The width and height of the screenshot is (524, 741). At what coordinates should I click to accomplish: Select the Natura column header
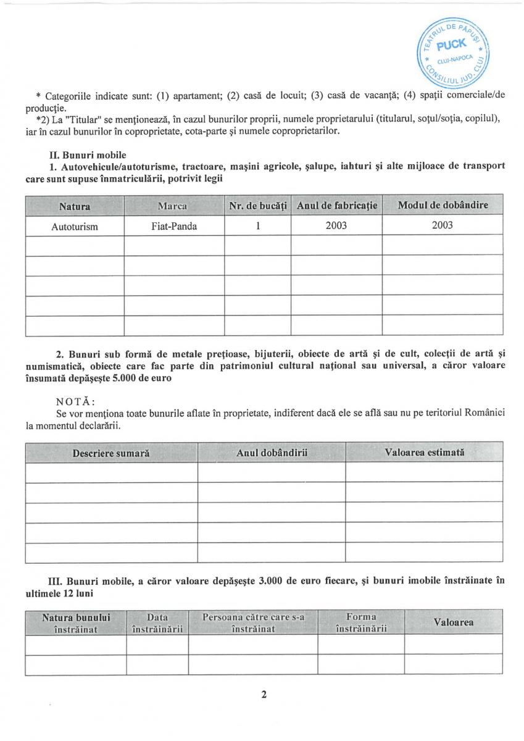pos(75,205)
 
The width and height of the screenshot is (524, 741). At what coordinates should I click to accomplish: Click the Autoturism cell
pos(75,226)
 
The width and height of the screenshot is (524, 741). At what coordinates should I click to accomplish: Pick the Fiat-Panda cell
pos(174,226)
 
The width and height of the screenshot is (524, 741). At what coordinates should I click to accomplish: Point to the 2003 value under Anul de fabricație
pos(336,225)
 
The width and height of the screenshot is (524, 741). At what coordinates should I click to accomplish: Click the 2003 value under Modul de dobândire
pos(442,225)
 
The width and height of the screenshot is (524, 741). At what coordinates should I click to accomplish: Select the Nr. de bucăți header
pos(258,205)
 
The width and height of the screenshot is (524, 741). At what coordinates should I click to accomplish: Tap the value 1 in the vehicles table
pos(257,225)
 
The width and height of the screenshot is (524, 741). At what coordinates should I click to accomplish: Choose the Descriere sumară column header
pos(111,453)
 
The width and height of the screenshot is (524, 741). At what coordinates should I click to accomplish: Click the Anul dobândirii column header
pos(272,453)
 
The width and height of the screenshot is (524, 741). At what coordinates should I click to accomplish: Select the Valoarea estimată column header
pos(424,452)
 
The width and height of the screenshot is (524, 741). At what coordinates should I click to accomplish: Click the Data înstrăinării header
pos(157,622)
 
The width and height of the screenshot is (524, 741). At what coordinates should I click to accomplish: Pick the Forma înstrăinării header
pos(361,622)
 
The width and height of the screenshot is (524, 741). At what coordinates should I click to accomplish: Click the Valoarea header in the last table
pos(454,622)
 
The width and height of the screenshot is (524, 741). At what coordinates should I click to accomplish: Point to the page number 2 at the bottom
pos(264,695)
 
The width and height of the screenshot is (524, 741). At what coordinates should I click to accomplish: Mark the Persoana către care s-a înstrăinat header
pos(253,622)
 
